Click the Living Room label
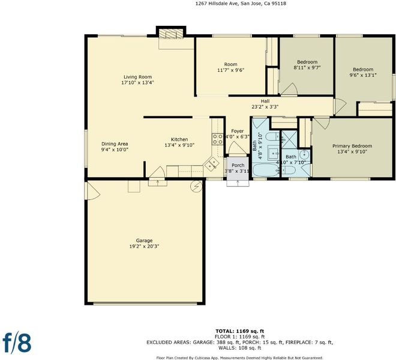(x=137, y=77)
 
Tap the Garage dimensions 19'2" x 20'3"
(x=144, y=247)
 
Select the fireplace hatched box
(x=171, y=34)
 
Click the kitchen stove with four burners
(x=217, y=139)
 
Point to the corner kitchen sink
(x=212, y=163)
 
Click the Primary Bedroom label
(x=352, y=146)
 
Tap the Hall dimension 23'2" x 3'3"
(x=265, y=107)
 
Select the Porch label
(x=238, y=165)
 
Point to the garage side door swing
(x=93, y=191)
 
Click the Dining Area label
(x=115, y=144)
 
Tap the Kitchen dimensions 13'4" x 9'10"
(x=179, y=145)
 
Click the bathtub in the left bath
(x=266, y=170)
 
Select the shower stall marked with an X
(x=289, y=139)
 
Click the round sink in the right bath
(x=305, y=154)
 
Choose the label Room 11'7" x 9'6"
(x=230, y=67)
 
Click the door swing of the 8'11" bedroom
(x=289, y=89)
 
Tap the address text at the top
(x=241, y=4)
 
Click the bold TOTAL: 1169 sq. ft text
(x=239, y=331)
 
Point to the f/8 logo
(x=17, y=343)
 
